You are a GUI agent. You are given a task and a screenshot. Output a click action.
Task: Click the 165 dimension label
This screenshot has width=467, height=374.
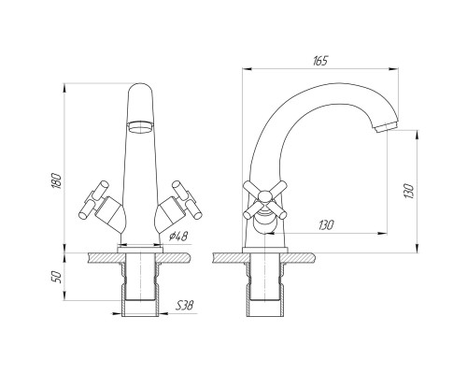click(320, 61)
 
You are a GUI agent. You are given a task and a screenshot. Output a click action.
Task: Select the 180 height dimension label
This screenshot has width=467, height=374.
click(56, 180)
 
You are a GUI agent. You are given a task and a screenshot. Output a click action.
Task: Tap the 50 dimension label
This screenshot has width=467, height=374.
click(56, 277)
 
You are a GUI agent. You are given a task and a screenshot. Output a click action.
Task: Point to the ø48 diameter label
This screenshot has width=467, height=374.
click(178, 237)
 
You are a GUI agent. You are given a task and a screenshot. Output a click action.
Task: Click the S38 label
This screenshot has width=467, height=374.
click(184, 305)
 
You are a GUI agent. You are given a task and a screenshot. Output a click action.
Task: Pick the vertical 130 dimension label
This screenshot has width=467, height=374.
click(408, 191)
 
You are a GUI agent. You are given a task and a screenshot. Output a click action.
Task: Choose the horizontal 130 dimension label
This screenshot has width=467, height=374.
click(326, 225)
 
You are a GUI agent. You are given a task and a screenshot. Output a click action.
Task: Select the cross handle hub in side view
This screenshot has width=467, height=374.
click(265, 197)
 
